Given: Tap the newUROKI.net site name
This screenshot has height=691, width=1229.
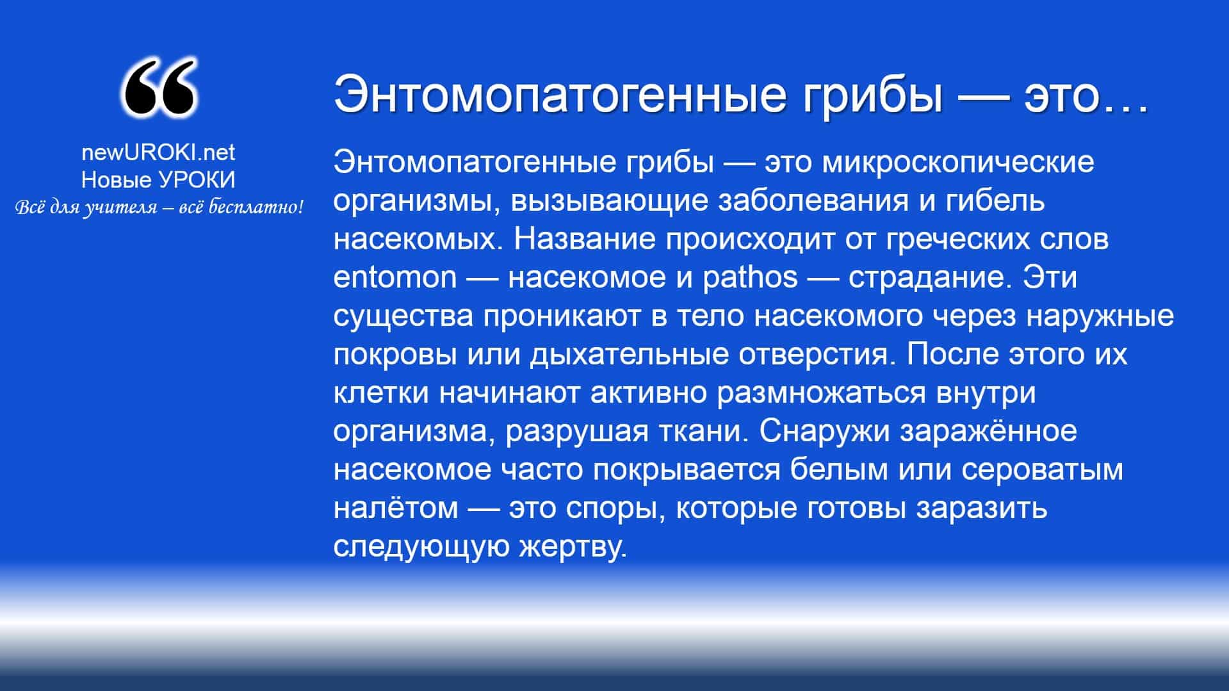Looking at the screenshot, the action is tap(158, 152).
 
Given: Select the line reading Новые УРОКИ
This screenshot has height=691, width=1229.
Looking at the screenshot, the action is tap(158, 180).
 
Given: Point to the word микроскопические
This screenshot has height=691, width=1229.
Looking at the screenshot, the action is tap(957, 163).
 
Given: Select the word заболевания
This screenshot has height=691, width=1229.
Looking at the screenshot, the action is tap(813, 201).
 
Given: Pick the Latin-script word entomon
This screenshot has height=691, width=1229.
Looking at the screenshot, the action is tap(395, 277).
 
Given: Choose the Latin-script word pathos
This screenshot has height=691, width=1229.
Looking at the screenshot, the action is tap(750, 278).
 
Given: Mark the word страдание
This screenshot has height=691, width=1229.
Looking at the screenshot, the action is tap(931, 278).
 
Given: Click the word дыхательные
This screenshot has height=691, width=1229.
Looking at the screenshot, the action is tap(629, 355).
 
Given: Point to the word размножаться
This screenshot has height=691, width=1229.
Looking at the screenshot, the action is tap(821, 393).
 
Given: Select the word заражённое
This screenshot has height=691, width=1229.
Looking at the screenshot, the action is tap(988, 432).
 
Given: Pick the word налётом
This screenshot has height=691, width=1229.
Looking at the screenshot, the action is tap(396, 508).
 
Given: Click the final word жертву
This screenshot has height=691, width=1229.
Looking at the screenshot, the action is tap(573, 547).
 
